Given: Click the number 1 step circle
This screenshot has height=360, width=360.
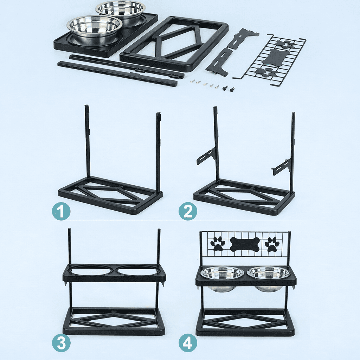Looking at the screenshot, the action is coord(61,211).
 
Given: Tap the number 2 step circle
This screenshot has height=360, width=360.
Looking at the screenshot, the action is coord(188,211).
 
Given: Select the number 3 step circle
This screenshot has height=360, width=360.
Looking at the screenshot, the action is coord(61,343).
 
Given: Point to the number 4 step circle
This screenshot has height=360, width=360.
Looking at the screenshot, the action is coord(188,343).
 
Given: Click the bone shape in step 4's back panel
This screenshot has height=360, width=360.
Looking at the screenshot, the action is coord(245,244).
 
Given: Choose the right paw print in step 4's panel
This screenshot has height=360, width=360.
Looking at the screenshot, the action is coord(272,245).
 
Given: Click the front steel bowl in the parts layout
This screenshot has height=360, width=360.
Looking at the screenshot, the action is coord(94,30).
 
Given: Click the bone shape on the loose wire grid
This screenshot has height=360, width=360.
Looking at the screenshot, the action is coord(274,57).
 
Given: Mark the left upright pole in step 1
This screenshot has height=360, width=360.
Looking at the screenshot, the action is coord(88,142).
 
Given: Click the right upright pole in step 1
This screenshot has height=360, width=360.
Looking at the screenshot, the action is coord(159,152).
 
